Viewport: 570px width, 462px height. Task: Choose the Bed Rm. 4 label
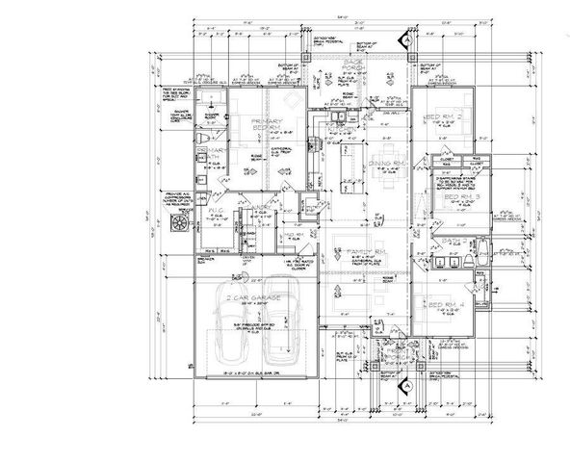[447, 305]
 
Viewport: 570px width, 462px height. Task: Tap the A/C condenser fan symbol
[178, 222]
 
